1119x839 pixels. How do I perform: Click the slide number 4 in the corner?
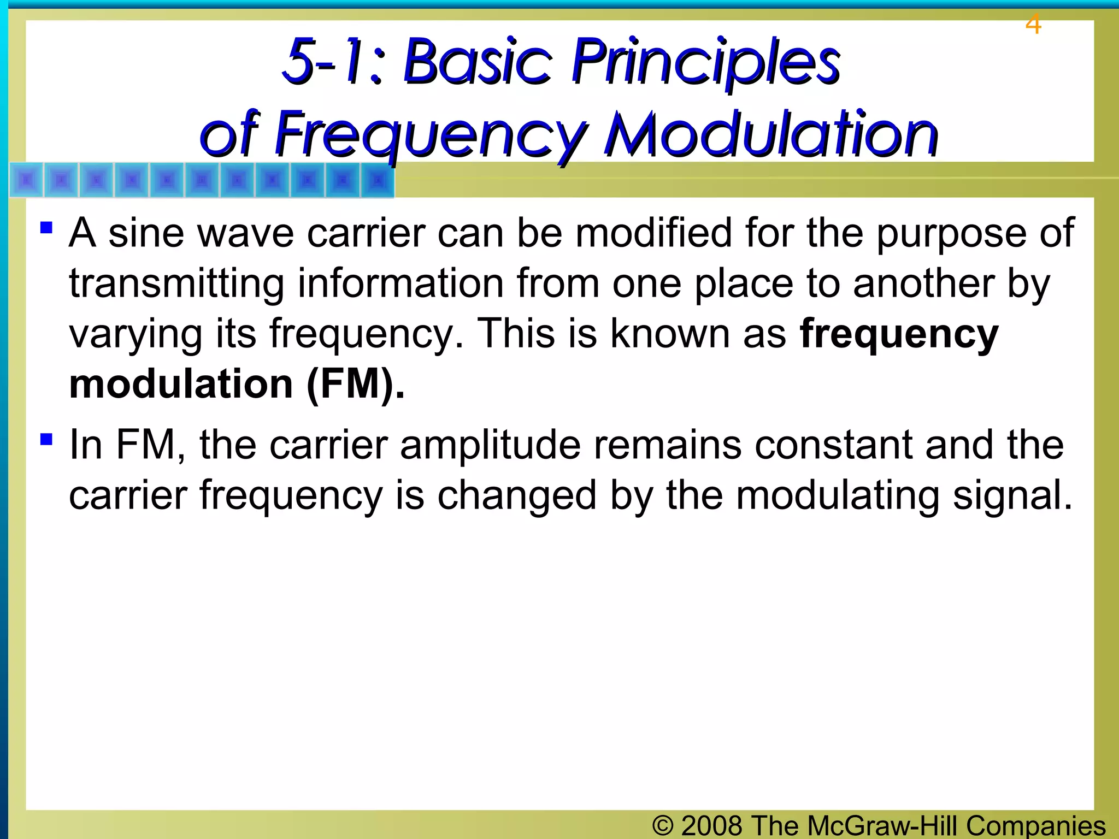pos(1033,25)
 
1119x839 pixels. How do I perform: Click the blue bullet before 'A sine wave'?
pos(46,227)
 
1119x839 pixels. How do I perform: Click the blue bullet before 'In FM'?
pos(46,439)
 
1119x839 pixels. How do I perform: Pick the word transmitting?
pos(176,284)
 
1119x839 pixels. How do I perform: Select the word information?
pos(401,284)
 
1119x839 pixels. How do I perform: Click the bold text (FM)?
pos(356,384)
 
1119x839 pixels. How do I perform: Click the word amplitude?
pos(490,445)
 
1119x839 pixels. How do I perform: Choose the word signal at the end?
pos(1012,495)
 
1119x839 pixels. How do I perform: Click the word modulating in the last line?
pos(837,495)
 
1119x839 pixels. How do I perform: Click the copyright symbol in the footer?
pos(662,825)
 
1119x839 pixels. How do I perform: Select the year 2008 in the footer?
pos(712,825)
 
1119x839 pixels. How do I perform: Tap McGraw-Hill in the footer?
pos(882,825)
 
